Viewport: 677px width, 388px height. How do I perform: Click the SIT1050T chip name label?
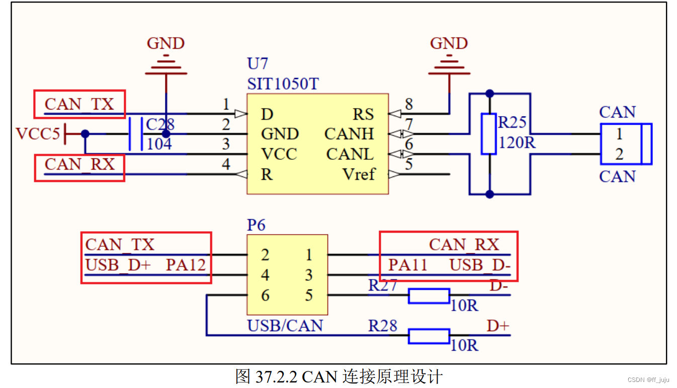coord(283,83)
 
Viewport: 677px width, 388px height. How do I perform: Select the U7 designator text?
coord(258,64)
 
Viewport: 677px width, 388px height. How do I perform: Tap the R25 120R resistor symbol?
coord(489,134)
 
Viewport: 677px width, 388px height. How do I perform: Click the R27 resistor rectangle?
coord(429,296)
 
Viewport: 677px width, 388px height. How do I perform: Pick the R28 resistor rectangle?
coord(429,336)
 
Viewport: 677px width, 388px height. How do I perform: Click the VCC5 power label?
coord(38,134)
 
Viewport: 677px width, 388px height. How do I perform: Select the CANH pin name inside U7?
coord(350,134)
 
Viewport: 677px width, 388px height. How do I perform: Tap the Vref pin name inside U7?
coord(359,174)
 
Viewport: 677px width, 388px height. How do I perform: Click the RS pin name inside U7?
coord(363,114)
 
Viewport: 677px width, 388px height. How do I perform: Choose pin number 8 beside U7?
coord(409,105)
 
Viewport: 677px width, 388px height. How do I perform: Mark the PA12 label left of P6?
coord(186,265)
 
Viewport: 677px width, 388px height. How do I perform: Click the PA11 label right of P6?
coord(407,265)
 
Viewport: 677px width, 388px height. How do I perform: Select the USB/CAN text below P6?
coord(285,326)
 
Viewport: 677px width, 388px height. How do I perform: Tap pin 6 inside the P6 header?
coord(265,296)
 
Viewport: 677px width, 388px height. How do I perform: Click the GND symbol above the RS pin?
coord(449,65)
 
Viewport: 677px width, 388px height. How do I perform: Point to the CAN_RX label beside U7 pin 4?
coord(79,164)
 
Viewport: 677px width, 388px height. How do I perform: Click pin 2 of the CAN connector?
coord(619,154)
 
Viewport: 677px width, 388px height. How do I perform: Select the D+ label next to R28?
coord(497,326)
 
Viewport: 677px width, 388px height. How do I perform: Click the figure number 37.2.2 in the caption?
coord(276,376)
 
